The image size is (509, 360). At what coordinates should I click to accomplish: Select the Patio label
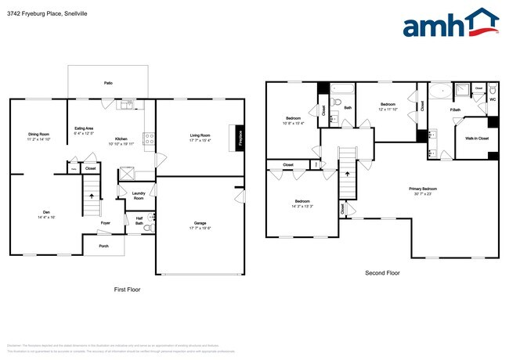[x=108, y=82]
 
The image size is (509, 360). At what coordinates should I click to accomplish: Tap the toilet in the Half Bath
[x=151, y=218]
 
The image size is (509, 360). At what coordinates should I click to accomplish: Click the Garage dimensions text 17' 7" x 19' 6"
[x=200, y=228]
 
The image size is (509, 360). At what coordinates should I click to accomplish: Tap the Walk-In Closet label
[x=477, y=138]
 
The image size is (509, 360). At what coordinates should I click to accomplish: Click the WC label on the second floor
[x=493, y=99]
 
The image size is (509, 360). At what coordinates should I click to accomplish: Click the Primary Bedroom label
[x=423, y=189]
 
